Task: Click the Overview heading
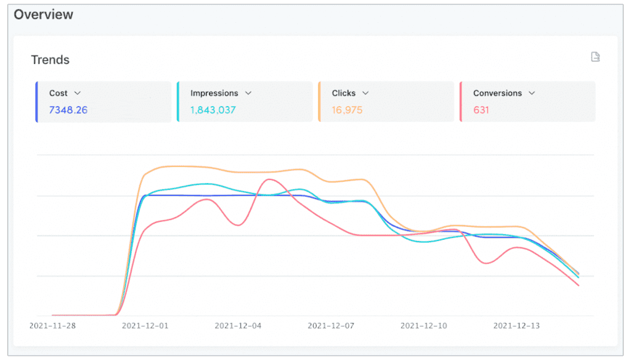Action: point(43,14)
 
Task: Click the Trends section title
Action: point(50,60)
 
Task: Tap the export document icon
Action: point(595,57)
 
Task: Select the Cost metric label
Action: point(59,93)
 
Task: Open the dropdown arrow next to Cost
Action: point(78,93)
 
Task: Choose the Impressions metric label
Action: point(214,93)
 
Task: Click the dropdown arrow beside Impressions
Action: point(248,93)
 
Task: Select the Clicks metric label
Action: point(343,93)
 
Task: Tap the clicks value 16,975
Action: point(347,110)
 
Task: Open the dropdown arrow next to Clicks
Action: point(365,93)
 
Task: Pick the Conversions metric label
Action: point(497,93)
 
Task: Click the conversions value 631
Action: point(481,110)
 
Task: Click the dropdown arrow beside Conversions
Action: point(532,93)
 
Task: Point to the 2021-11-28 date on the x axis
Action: point(52,325)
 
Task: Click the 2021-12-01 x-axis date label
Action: point(145,325)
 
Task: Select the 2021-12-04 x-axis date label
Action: point(238,325)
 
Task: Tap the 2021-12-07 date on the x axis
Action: point(330,325)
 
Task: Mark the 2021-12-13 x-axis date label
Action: point(516,325)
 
